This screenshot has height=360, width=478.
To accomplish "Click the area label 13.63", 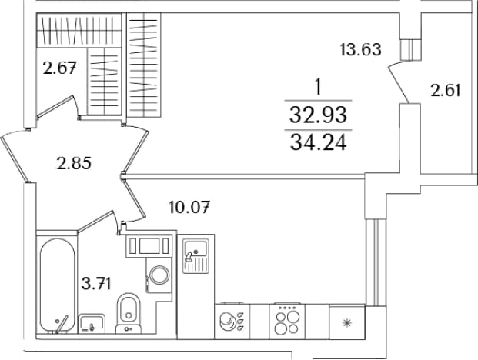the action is pos(361,50).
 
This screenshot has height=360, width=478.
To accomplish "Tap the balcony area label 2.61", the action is pos(446,91).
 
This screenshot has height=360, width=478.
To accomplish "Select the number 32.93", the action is pos(318,115).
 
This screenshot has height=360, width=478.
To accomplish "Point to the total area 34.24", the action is pos(318,142).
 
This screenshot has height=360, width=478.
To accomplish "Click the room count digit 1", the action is pos(318,87).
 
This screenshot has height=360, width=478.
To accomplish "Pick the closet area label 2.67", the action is pos(59,68).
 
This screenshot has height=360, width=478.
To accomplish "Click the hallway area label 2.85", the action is pos(74,164).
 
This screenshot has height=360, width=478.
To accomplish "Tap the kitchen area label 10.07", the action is pos(189,208).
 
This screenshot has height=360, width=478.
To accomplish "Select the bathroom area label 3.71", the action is pos(96,284).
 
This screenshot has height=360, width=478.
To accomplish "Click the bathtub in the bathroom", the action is pos(57,285).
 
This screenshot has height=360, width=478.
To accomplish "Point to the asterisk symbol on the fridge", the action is pos(347,322).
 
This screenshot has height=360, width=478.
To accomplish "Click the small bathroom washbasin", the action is pos(92,324).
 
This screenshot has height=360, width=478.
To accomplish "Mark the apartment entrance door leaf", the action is pos(14,159).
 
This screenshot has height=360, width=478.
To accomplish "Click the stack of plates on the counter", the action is pos(227,322).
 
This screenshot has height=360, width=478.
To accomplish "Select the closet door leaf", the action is pos(55,106).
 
